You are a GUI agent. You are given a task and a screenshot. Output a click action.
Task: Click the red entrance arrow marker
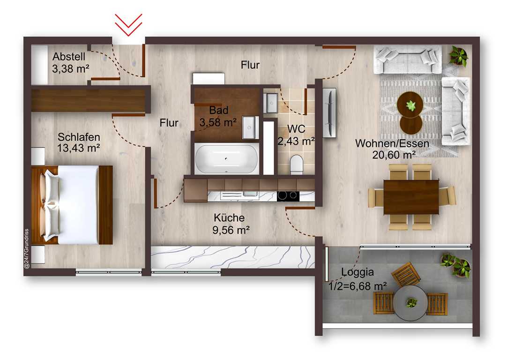pyautogui.click(x=128, y=25)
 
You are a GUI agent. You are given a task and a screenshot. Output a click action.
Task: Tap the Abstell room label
pyautogui.click(x=69, y=57)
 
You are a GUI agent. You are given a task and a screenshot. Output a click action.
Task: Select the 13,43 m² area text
pyautogui.click(x=79, y=148)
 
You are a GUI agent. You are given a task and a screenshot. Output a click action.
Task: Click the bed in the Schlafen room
pyautogui.click(x=72, y=205)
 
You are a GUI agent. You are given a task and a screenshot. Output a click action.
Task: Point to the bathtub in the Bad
pyautogui.click(x=227, y=158)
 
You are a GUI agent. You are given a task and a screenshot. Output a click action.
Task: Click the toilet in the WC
pyautogui.click(x=296, y=165)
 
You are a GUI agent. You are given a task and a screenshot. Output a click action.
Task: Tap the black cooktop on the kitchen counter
pyautogui.click(x=288, y=195)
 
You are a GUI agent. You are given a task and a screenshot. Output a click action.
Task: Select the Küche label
pyautogui.click(x=229, y=217)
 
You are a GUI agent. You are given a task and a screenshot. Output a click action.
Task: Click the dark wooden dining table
pyautogui.click(x=411, y=197)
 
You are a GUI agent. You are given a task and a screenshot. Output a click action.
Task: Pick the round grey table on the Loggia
pyautogui.click(x=410, y=303)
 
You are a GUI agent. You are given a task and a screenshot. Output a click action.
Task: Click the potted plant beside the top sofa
pyautogui.click(x=458, y=55)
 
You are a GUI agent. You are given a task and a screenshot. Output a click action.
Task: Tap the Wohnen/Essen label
pyautogui.click(x=392, y=143)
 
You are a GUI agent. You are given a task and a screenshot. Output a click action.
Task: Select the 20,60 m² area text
pyautogui.click(x=394, y=155)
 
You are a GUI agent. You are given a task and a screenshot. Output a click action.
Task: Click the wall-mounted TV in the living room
pyautogui.click(x=329, y=112)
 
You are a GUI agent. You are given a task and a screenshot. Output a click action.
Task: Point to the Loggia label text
pyautogui.click(x=358, y=272)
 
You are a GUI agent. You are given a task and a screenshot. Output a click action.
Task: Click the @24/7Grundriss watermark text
pyautogui.click(x=27, y=249)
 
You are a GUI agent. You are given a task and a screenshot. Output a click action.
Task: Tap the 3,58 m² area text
pyautogui.click(x=218, y=123)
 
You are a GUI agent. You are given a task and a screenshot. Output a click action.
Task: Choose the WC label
pyautogui.click(x=296, y=129)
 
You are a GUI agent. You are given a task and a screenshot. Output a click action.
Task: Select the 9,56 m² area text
pyautogui.click(x=231, y=230)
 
